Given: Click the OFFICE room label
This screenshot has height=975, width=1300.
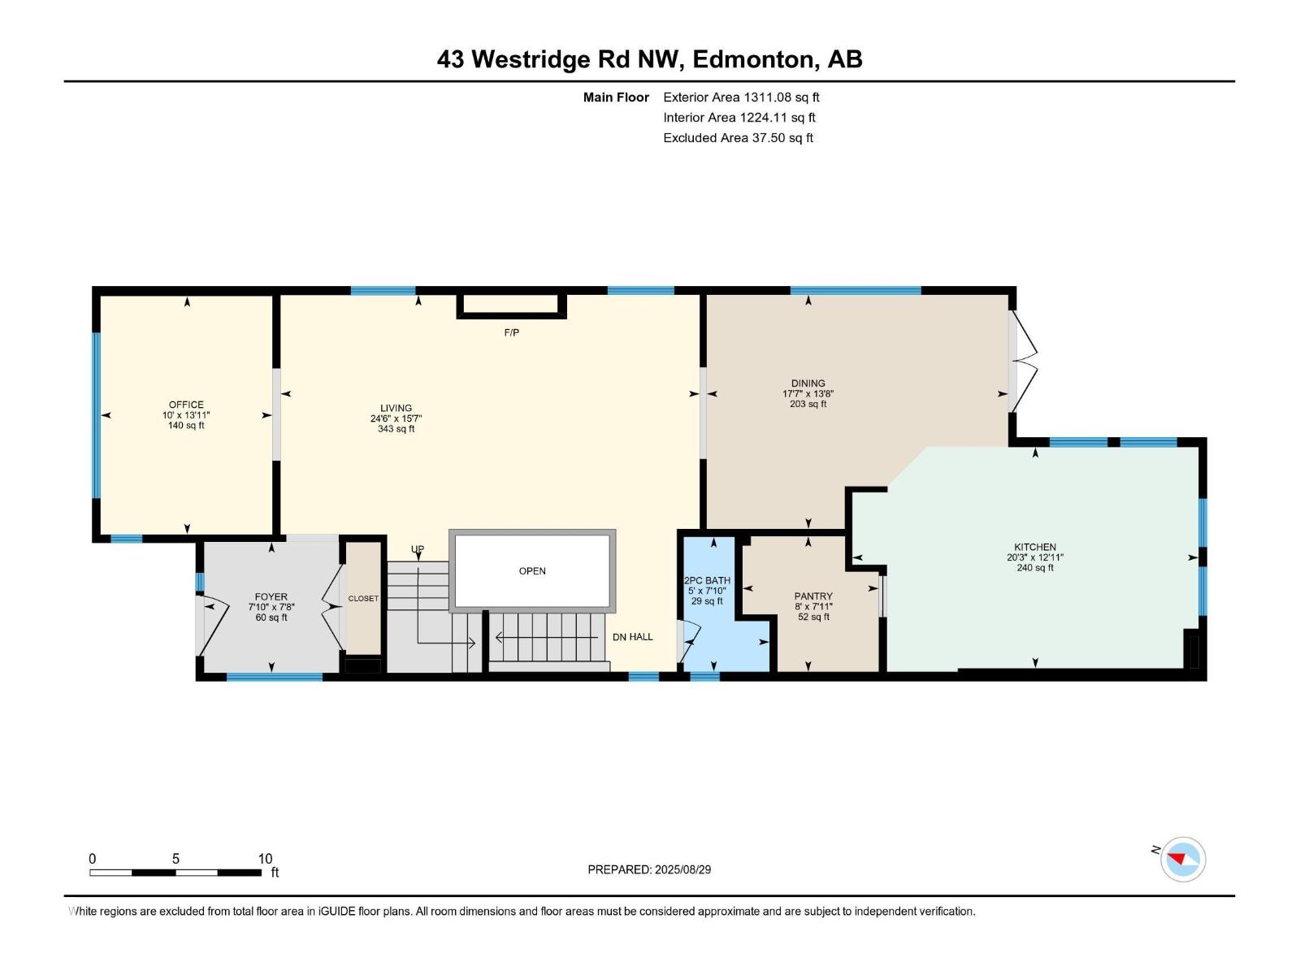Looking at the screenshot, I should tap(186, 405).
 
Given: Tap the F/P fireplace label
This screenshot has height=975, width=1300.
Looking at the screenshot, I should tap(511, 332).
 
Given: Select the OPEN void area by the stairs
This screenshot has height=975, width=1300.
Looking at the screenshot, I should tap(532, 571).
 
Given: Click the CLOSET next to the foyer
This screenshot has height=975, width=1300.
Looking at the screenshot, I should tap(363, 598).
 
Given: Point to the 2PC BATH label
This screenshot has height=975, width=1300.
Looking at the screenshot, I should tap(707, 581).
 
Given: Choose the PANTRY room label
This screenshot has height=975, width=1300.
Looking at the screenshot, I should tap(813, 596).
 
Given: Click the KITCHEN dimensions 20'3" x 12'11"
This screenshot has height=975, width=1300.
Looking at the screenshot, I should tap(1034, 557).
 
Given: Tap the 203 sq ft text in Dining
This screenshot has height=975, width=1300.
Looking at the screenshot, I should tap(808, 404).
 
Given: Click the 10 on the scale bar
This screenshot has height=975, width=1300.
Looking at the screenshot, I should tap(265, 859).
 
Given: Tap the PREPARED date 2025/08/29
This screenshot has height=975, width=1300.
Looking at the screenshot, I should tap(649, 869).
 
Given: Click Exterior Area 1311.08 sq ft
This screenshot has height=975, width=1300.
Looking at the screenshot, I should tap(741, 97).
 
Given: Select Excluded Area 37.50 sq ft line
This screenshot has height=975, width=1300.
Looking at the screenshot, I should tap(738, 137).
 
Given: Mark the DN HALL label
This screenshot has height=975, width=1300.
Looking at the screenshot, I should tap(632, 637).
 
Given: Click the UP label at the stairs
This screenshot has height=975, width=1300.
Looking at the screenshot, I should tap(418, 549).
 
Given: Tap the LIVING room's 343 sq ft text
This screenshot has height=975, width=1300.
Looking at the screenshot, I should tap(396, 429).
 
